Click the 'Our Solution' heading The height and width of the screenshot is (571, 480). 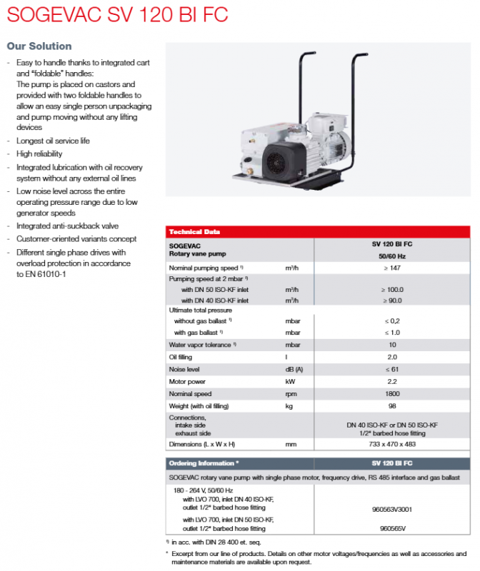(x=39, y=46)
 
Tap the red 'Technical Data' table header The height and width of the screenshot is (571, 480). (x=194, y=232)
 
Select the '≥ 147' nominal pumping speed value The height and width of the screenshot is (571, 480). (x=392, y=267)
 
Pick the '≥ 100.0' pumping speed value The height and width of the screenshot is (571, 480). (x=392, y=290)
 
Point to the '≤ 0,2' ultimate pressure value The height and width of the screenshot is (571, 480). (x=392, y=321)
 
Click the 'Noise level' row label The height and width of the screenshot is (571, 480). (x=184, y=370)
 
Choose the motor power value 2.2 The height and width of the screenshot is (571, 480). (x=392, y=382)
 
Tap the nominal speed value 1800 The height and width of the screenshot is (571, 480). (x=392, y=394)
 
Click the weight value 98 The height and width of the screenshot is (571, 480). (x=392, y=406)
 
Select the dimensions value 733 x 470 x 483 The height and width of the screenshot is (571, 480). (x=392, y=444)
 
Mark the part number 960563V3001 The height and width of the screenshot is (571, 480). (x=392, y=509)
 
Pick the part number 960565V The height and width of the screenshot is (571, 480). (x=392, y=529)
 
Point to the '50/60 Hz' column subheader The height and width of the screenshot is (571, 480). (x=392, y=255)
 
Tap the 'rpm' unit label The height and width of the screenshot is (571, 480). (x=291, y=394)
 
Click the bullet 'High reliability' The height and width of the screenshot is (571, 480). (x=39, y=153)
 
